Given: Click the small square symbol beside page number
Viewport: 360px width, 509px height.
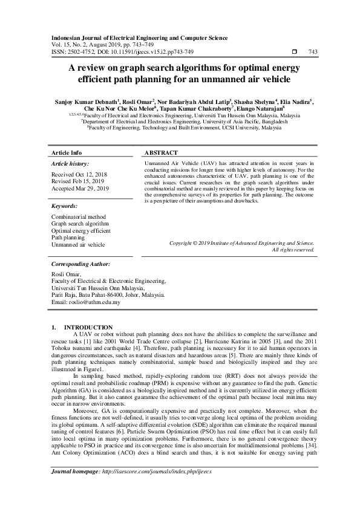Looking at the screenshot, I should click(294, 52).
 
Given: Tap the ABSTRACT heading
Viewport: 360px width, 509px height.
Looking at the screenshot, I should click(161, 153).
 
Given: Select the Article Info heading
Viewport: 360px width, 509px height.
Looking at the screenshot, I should click(67, 153).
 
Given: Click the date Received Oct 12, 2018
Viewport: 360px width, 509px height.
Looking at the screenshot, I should click(79, 174).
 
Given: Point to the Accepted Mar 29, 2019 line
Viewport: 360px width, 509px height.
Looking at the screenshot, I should click(80, 189).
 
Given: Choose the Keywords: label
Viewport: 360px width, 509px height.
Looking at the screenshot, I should click(65, 206).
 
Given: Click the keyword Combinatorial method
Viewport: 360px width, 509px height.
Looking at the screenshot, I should click(78, 216).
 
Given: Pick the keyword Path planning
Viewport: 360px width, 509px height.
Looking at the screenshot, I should click(68, 238).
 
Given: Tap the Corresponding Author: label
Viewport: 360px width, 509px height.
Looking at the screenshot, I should click(80, 264).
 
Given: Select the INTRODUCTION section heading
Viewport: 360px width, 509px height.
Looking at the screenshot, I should click(88, 327).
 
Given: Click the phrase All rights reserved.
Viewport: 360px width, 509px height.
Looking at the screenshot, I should click(293, 249).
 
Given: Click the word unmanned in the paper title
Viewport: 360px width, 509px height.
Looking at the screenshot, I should click(218, 79).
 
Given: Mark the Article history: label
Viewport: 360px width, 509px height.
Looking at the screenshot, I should click(70, 164).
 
